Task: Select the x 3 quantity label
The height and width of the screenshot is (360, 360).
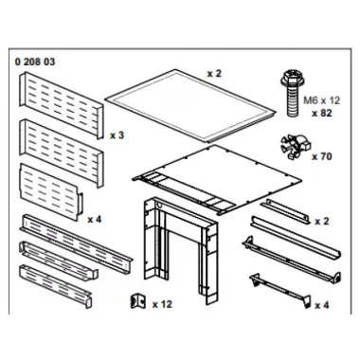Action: [x=117, y=135]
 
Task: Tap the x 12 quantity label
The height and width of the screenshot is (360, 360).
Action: [x=164, y=305]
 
